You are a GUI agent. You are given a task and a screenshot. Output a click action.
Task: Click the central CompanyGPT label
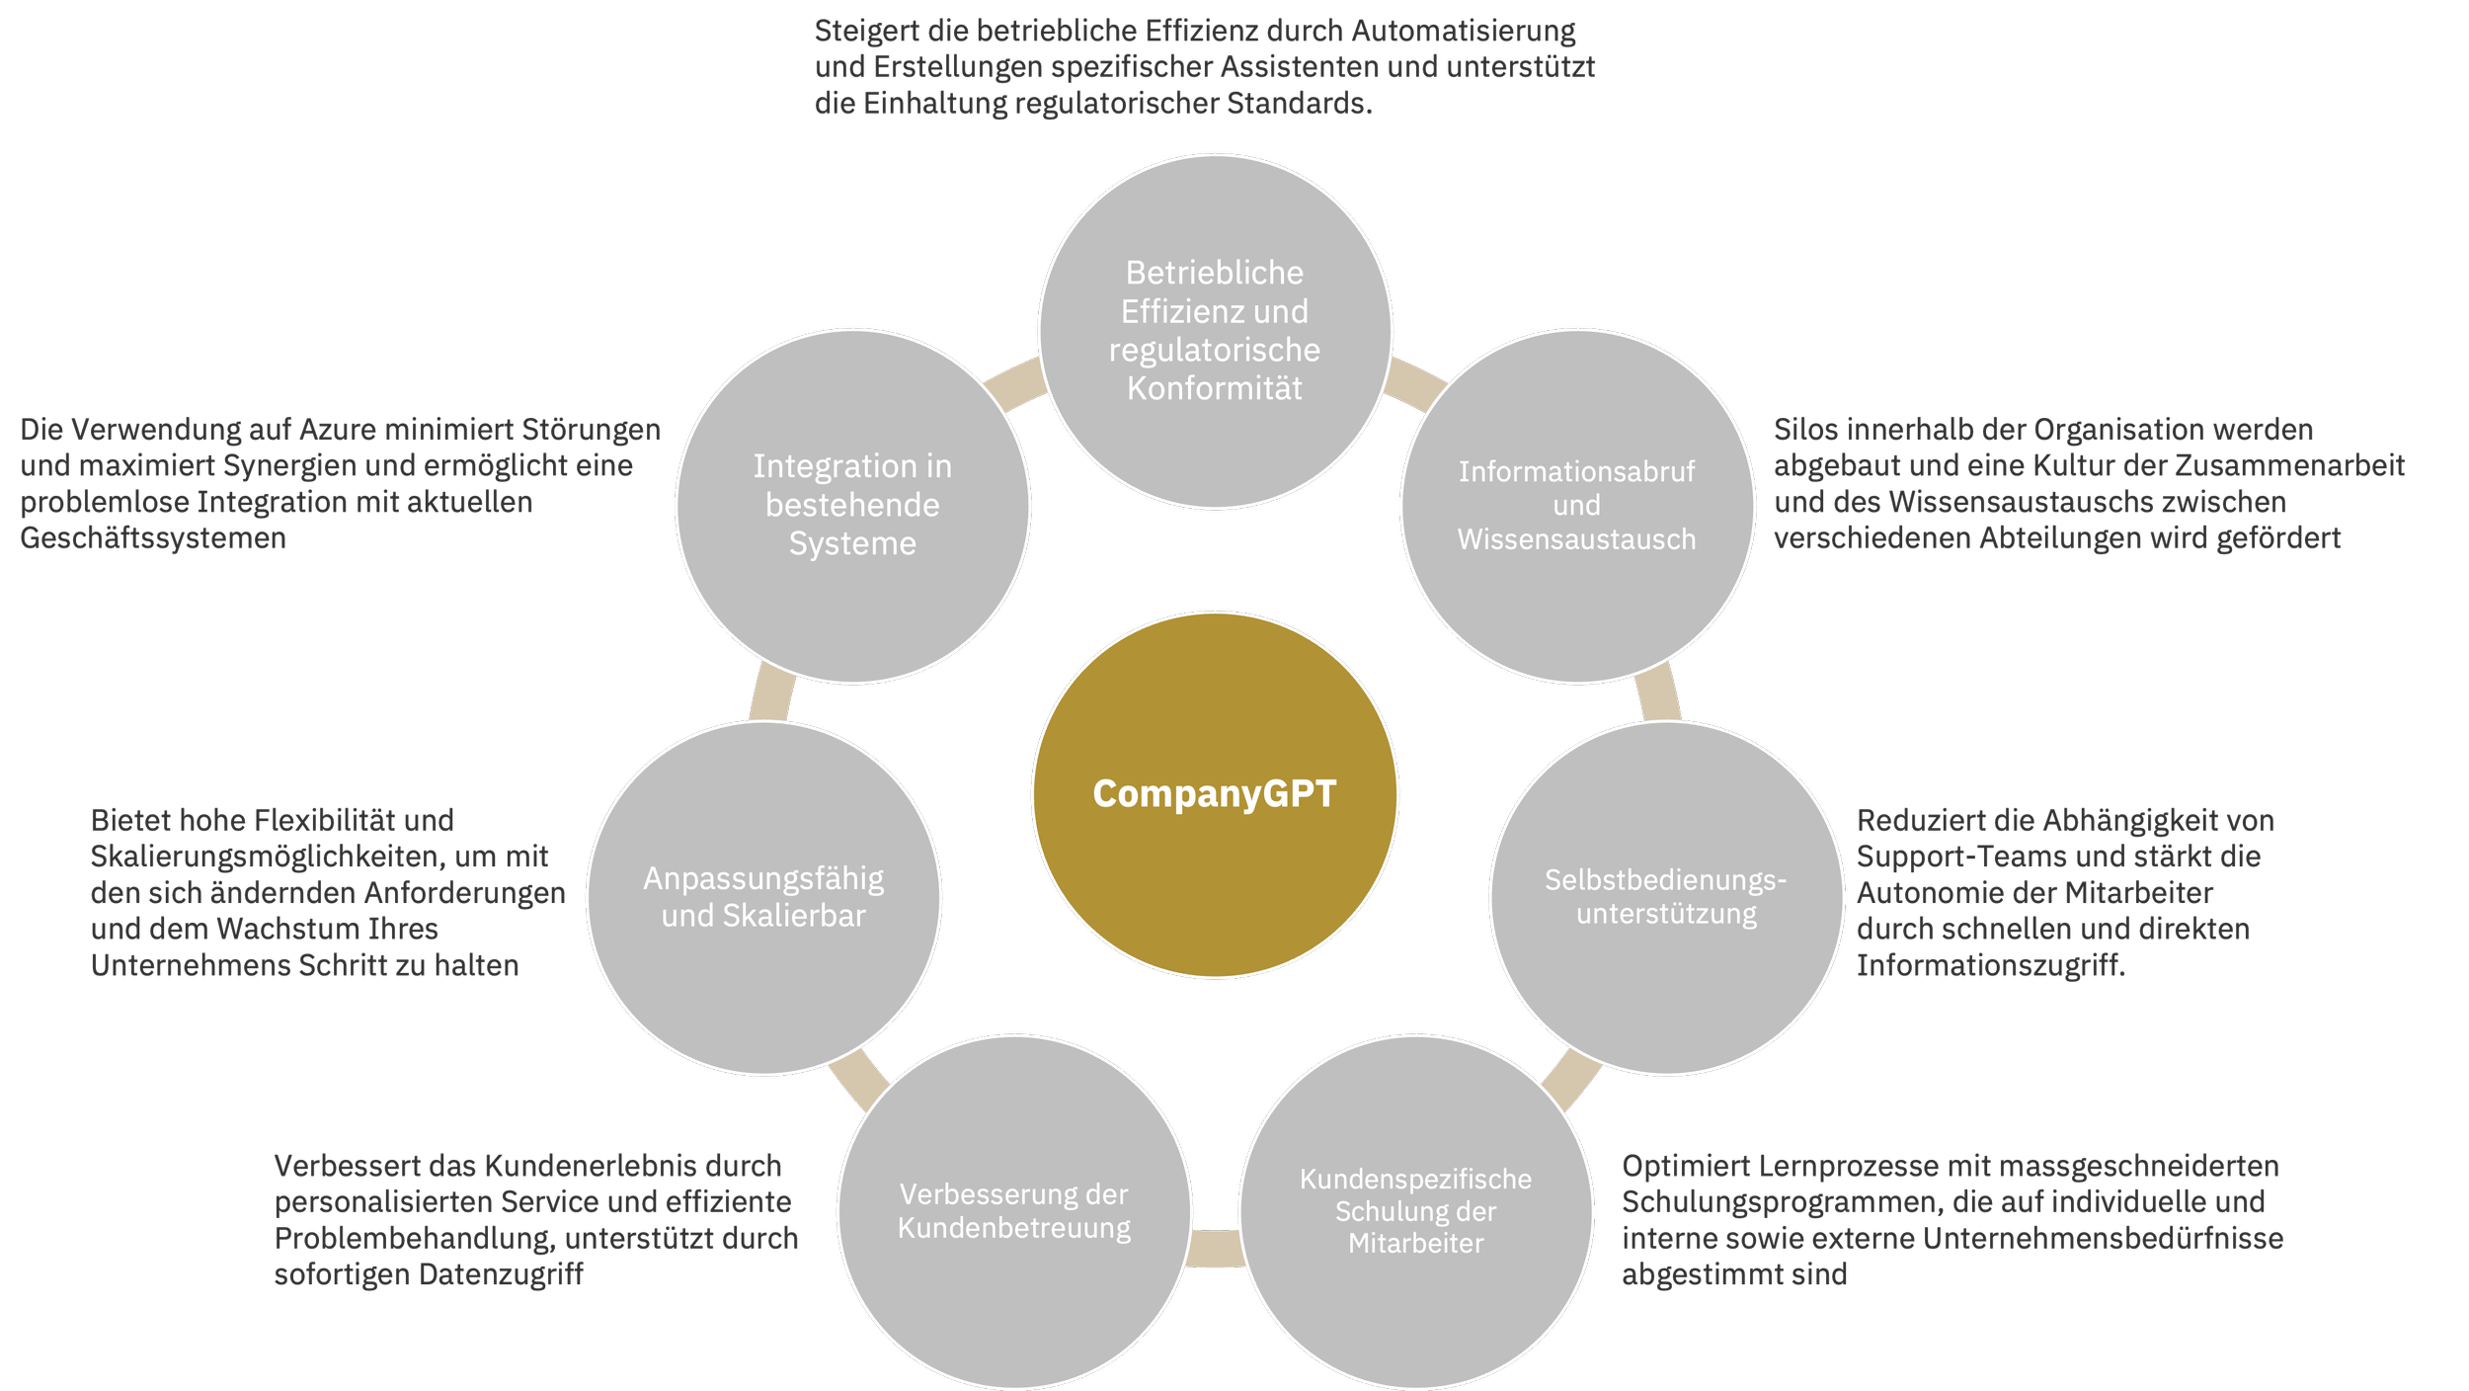1214,794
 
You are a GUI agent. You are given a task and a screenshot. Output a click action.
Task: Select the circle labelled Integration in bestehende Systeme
853,506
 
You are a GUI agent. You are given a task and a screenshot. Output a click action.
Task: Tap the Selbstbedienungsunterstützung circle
1666,897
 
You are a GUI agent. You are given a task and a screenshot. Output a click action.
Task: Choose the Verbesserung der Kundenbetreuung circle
1014,1211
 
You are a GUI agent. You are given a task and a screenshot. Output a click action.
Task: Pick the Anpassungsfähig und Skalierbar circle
763,897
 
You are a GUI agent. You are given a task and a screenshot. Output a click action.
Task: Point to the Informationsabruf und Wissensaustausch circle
1577,506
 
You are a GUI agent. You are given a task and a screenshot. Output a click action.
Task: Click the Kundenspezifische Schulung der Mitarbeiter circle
1415,1211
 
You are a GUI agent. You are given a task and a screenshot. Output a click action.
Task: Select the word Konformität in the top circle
1215,388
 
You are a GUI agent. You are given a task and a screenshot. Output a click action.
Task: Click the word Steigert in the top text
867,32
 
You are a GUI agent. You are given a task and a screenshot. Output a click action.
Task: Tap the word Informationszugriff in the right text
1989,965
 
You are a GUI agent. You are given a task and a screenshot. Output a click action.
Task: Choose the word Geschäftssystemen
153,538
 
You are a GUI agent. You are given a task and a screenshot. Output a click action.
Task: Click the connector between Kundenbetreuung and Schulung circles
1216,1249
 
